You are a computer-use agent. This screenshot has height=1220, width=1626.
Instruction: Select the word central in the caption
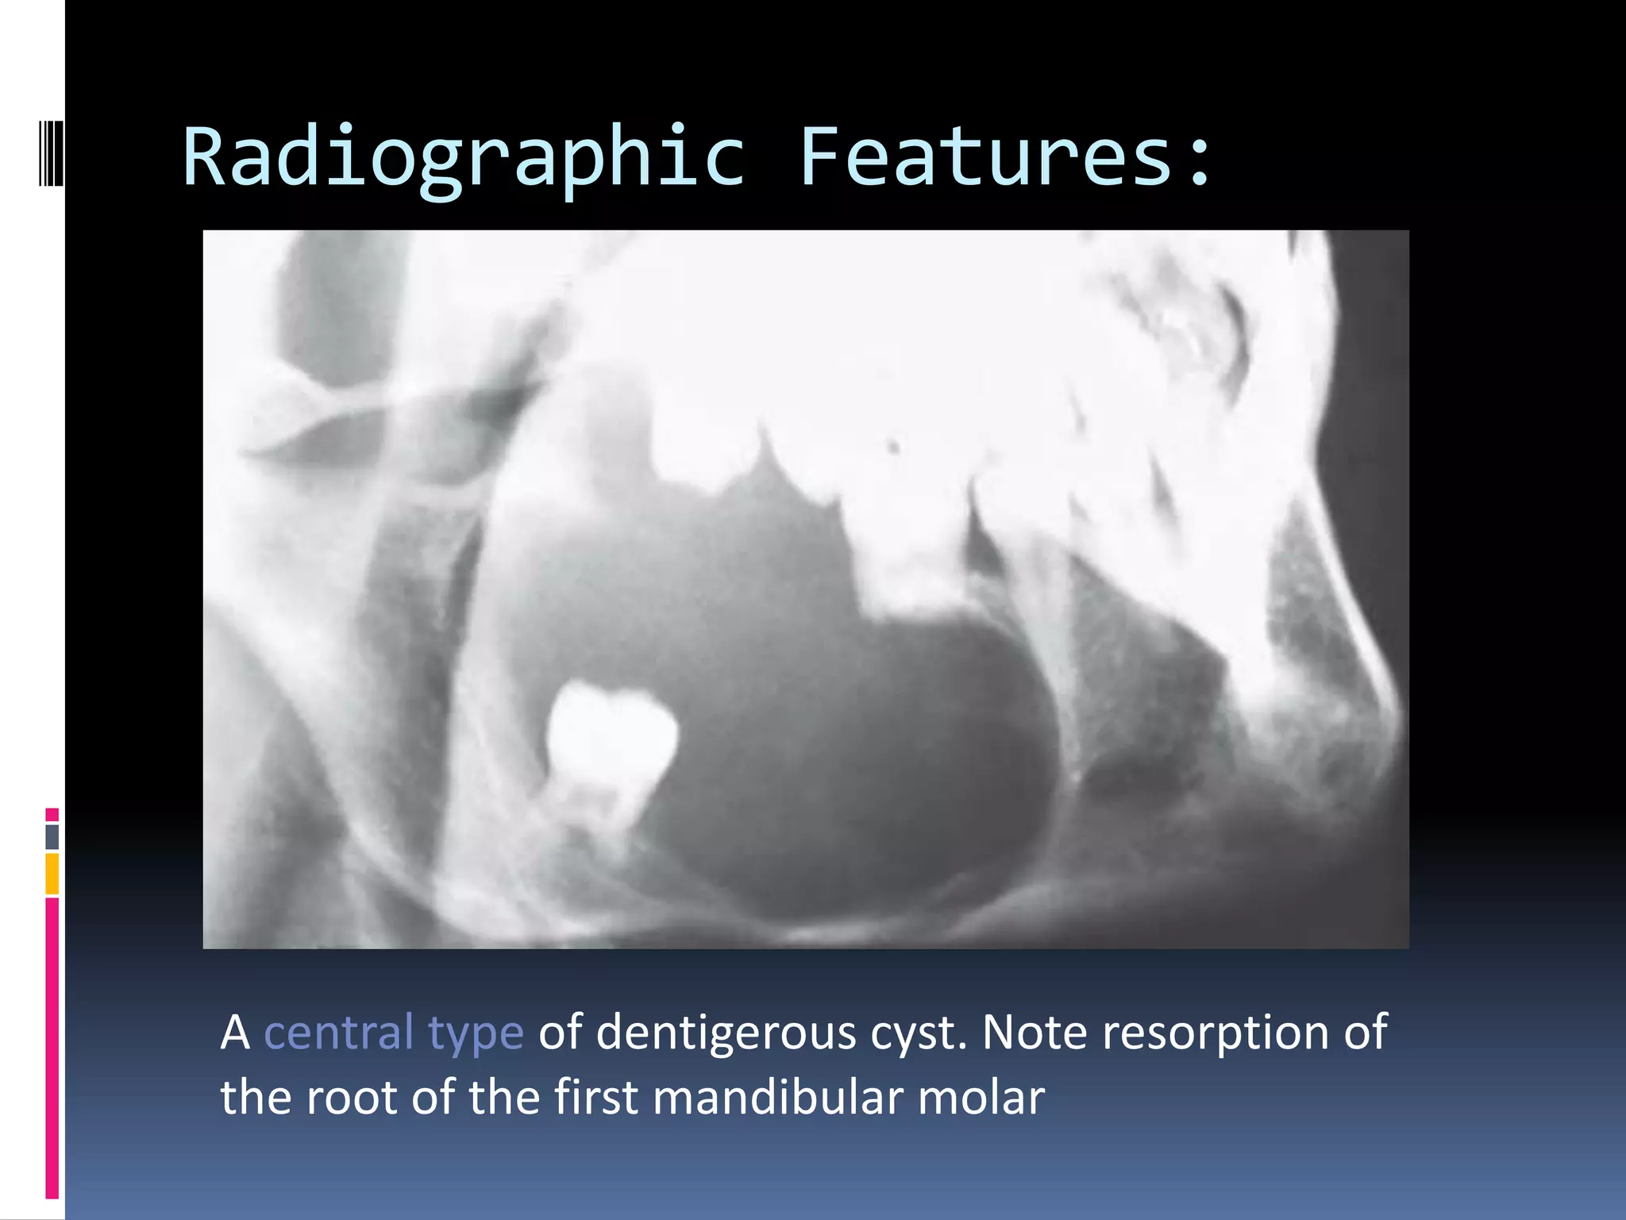click(x=339, y=1033)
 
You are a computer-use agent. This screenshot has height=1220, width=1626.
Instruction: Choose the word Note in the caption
click(x=1035, y=1033)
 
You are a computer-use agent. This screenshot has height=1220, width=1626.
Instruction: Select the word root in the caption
click(x=352, y=1098)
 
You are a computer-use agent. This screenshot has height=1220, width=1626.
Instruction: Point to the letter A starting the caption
click(x=235, y=1033)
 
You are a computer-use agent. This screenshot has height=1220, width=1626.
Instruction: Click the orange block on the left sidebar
click(x=52, y=874)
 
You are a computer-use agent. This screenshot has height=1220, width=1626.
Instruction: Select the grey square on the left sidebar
click(x=52, y=837)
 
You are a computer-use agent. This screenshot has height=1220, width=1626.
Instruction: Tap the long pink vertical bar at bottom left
click(x=52, y=1048)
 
